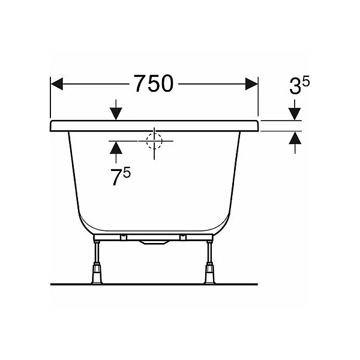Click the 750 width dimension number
point(154,83)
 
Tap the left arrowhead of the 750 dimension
point(57,84)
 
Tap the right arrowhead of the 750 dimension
point(251,84)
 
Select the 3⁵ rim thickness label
point(299,85)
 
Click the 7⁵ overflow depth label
point(121,176)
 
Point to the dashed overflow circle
point(154,141)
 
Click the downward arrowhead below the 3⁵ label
point(295,114)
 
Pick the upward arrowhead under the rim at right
point(295,138)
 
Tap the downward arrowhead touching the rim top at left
point(116,114)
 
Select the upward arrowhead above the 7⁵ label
point(116,148)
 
